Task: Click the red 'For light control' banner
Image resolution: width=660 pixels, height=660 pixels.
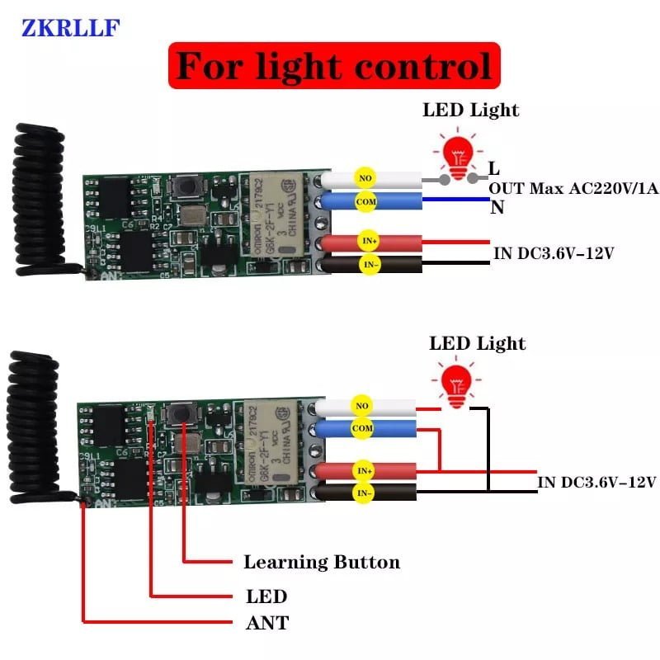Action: (334, 65)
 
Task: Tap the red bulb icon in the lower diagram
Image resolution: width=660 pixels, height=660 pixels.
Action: (451, 382)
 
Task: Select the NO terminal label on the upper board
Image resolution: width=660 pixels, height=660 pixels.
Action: (363, 176)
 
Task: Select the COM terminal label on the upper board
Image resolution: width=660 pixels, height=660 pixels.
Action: (364, 200)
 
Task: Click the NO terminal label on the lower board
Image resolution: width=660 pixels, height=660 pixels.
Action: (361, 405)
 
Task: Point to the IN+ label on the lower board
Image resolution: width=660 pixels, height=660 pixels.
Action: (363, 470)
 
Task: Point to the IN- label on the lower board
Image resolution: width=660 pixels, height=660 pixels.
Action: (363, 493)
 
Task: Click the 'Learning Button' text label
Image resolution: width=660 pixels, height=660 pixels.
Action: (321, 563)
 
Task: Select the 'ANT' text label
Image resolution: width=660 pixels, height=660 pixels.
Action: (267, 623)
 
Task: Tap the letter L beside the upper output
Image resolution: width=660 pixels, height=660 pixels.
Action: (494, 168)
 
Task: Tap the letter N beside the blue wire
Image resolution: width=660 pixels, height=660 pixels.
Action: (497, 208)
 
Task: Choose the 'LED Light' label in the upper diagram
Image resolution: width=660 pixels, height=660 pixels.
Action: (471, 110)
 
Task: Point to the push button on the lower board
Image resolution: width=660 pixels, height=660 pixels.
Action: (177, 413)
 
